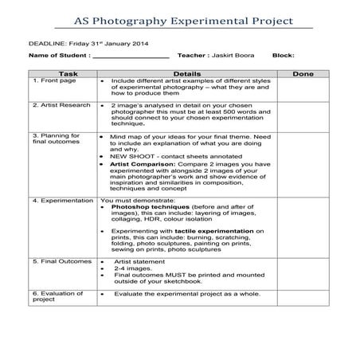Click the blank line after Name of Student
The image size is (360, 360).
[x=131, y=57]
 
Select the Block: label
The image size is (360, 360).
[x=284, y=56]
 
